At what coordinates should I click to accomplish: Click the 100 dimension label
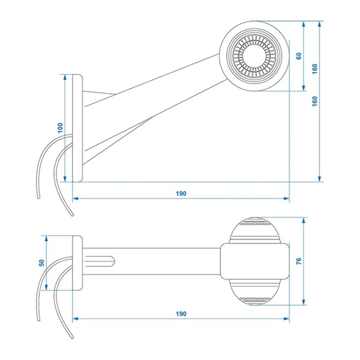[x=60, y=127]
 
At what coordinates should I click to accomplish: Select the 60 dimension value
[x=299, y=56]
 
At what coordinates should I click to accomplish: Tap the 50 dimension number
[x=42, y=262]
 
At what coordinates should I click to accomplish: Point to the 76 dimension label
[x=299, y=261]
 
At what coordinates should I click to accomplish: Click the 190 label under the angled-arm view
[x=181, y=193]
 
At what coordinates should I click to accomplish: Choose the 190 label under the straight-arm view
[x=181, y=313]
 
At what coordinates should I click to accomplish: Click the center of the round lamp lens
[x=255, y=55]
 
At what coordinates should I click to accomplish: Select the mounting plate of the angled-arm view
[x=78, y=127]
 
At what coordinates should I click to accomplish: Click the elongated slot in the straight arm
[x=102, y=261]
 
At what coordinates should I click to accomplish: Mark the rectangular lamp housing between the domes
[x=255, y=261]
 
